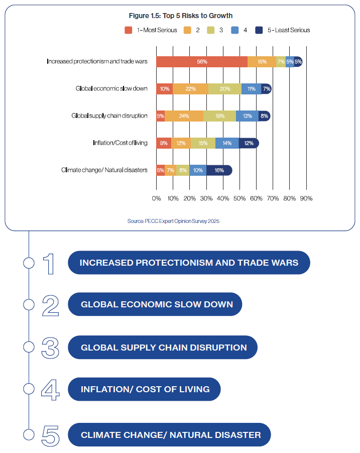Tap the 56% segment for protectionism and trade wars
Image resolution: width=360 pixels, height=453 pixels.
202,62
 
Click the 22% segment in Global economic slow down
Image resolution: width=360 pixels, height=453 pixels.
190,89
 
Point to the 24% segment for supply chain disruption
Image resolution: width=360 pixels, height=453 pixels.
184,116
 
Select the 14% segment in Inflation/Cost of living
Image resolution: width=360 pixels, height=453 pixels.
227,143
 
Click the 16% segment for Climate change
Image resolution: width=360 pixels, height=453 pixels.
219,170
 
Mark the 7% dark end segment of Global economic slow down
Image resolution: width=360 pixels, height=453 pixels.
267,89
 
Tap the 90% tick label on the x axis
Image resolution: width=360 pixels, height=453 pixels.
306,198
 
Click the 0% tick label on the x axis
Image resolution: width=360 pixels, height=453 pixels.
156,198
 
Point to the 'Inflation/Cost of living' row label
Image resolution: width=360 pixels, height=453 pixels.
120,143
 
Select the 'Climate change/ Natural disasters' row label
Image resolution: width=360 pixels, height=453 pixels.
104,170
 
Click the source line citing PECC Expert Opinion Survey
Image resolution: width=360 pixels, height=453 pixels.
174,221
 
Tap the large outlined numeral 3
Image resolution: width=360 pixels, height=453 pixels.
50,348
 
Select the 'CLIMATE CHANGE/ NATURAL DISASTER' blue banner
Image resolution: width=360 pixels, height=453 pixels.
169,435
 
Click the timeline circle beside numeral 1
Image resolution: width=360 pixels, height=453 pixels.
29,263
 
